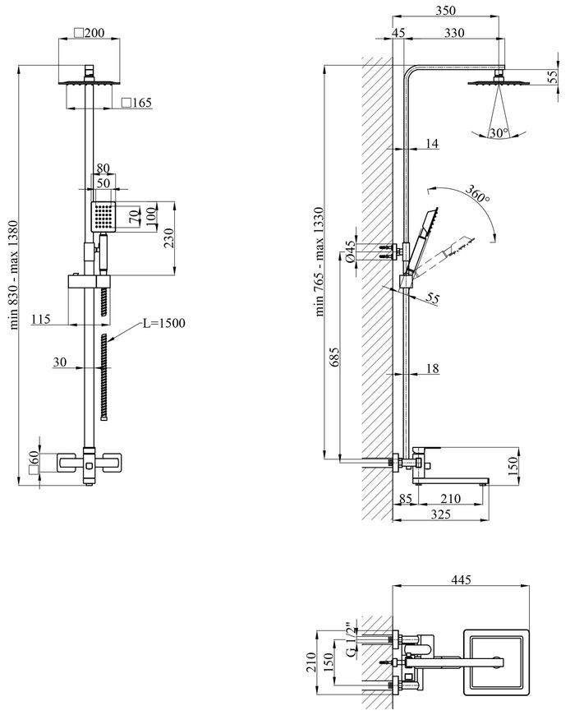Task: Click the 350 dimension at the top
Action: [445, 10]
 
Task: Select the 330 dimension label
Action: [454, 32]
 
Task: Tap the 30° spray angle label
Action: [499, 132]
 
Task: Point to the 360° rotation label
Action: [477, 194]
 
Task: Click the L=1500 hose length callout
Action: [164, 323]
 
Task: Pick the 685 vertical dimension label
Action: [334, 358]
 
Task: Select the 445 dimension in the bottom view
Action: [461, 579]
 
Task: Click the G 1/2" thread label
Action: [350, 639]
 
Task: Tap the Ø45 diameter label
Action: [350, 251]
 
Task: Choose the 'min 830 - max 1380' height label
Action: [14, 274]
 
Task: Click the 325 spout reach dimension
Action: [440, 514]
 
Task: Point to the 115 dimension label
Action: [40, 319]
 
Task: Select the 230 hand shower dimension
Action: [168, 238]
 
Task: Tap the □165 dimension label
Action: [136, 103]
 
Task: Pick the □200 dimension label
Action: [90, 33]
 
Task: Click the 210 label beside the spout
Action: [451, 498]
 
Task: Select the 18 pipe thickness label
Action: [432, 368]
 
